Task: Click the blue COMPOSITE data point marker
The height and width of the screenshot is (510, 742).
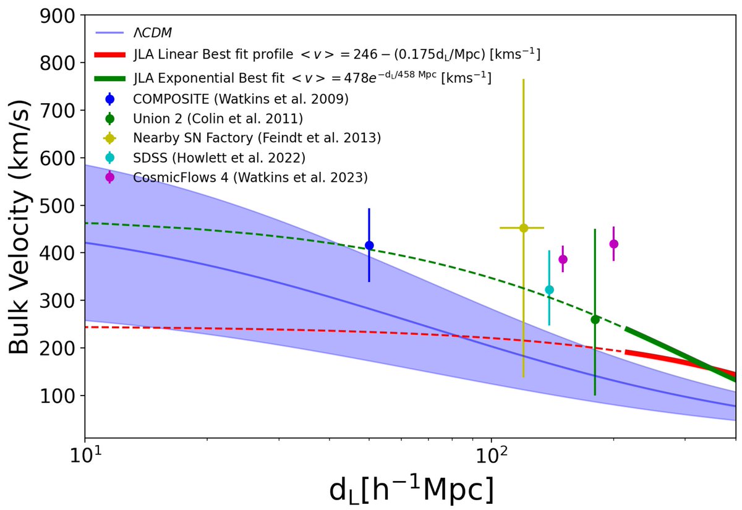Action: point(369,245)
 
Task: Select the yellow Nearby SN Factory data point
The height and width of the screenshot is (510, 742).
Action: point(523,228)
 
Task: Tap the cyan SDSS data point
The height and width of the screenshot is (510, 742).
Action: point(549,289)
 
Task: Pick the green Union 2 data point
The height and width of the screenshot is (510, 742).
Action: point(595,320)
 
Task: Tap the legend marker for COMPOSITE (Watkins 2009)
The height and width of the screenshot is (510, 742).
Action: point(110,98)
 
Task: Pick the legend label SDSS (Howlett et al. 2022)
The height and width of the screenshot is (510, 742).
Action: point(219,158)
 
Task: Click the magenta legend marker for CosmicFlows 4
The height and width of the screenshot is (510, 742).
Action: point(110,177)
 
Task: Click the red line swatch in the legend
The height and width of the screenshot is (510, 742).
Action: point(110,55)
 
